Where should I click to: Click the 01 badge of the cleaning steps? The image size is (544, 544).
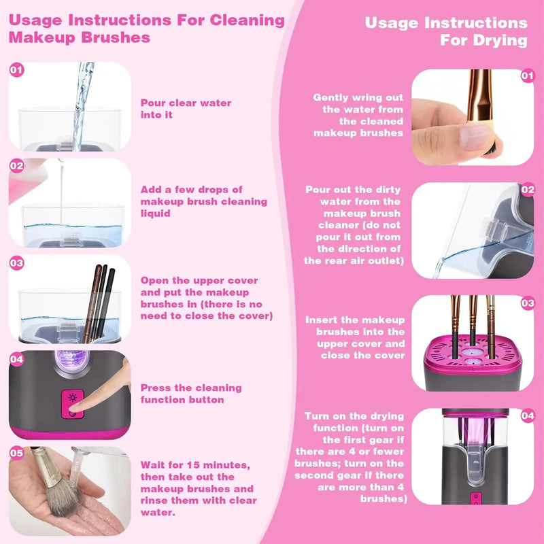(17, 69)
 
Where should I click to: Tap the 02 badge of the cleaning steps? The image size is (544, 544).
(17, 165)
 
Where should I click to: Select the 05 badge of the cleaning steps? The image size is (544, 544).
(17, 452)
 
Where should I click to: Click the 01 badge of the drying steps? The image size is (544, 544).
(527, 75)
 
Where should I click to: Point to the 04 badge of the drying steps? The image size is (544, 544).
(527, 415)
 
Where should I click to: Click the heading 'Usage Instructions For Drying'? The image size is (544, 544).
(445, 31)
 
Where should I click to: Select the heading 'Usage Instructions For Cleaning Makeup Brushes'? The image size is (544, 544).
(146, 28)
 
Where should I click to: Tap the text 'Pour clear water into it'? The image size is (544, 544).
(186, 109)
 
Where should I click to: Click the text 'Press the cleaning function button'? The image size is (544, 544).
(191, 394)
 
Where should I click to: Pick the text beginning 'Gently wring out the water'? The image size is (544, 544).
(358, 115)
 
